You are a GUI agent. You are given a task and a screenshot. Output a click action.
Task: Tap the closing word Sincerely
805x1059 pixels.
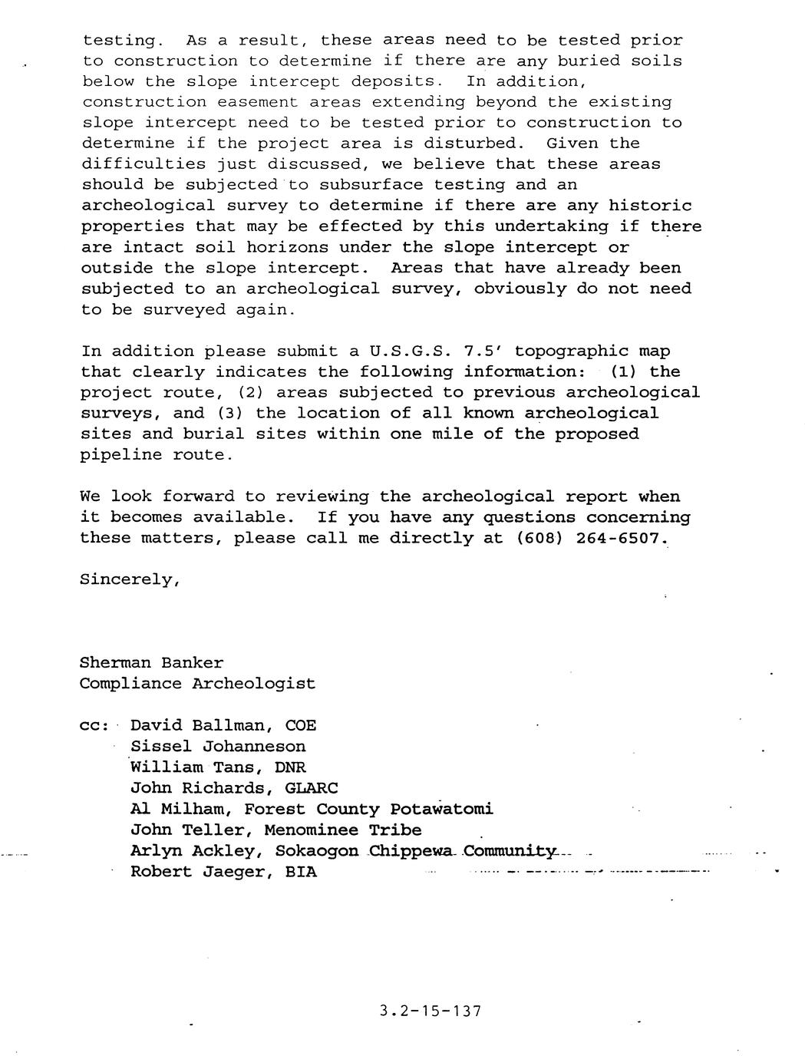129,579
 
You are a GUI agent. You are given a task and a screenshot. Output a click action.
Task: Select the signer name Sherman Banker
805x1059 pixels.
151,663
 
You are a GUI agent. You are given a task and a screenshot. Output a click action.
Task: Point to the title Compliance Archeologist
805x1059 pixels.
197,684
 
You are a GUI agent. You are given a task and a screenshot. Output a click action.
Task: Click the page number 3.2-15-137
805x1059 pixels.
430,1011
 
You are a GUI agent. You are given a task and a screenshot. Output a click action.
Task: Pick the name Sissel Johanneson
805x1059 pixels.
218,746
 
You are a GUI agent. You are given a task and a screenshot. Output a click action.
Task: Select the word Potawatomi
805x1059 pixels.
441,809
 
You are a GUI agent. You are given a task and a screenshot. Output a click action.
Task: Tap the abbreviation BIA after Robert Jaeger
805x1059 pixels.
301,872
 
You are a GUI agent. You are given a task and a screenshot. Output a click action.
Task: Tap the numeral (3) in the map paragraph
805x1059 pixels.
229,414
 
